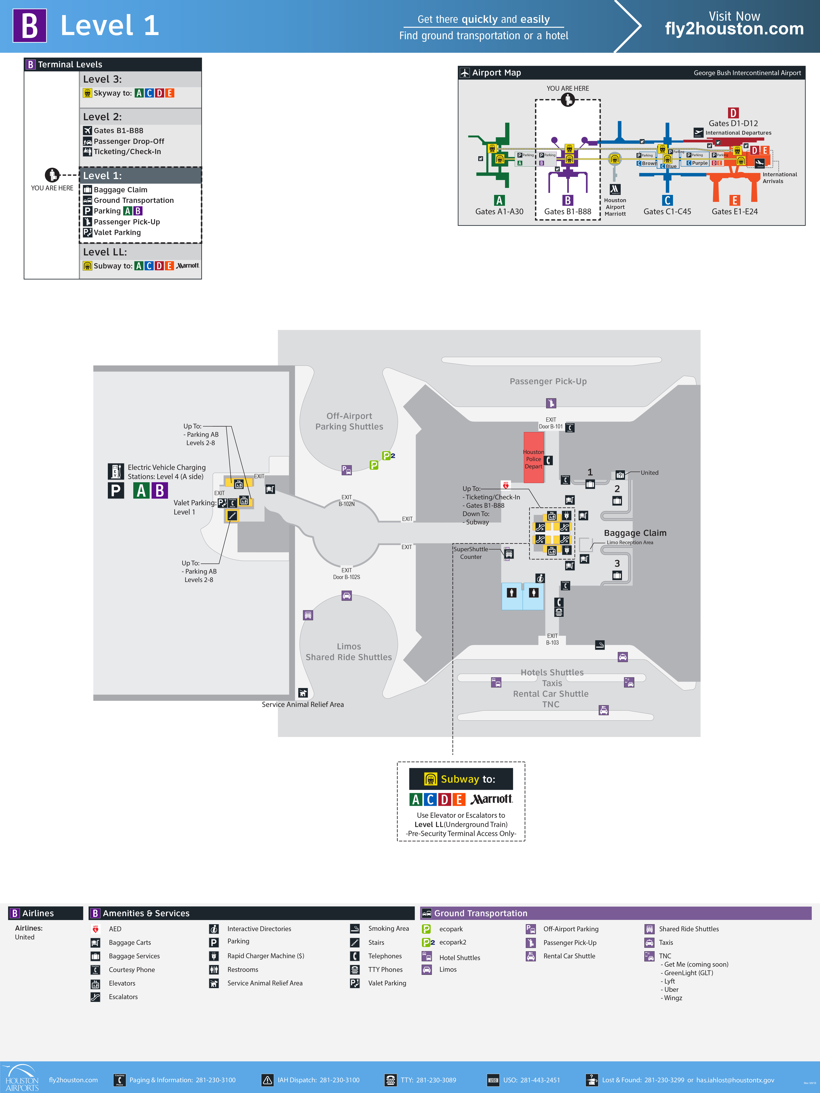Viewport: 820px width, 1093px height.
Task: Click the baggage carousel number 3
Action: pos(617,563)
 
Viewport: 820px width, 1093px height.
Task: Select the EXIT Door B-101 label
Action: pos(551,423)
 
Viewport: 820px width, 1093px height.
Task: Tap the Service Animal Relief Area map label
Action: pos(303,704)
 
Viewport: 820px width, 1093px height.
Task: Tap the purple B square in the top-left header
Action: pos(30,26)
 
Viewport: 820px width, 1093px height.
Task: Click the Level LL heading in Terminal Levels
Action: pos(105,252)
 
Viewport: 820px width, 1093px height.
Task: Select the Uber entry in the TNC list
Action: pos(671,989)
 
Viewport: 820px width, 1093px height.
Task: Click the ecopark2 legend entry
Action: pos(452,942)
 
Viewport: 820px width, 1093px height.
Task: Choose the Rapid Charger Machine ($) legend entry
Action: pos(265,956)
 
